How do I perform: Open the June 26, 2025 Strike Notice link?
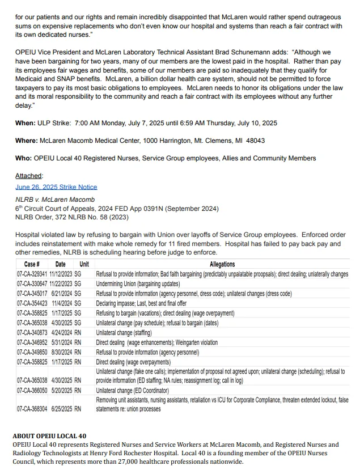pos(56,187)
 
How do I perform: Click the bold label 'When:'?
pos(26,123)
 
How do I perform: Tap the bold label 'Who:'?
pos(24,158)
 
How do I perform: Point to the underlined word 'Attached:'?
pos(29,176)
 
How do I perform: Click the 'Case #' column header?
pos(32,264)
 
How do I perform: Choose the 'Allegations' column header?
pos(222,264)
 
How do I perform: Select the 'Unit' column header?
pos(84,264)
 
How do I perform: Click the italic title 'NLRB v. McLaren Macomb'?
pos(55,200)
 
